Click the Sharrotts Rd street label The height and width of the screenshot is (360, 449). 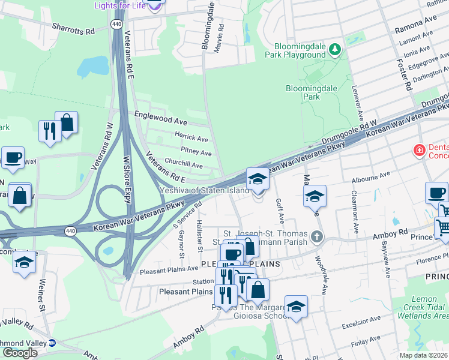73,28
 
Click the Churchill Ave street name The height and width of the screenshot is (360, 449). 184,163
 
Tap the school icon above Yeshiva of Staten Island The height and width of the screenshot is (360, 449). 258,179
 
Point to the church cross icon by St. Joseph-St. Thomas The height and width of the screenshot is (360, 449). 317,238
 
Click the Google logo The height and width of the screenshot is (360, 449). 20,352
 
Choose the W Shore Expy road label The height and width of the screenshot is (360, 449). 127,180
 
